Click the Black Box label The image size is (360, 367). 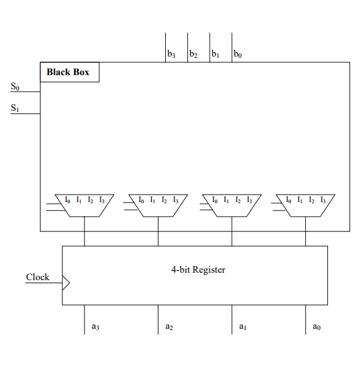[x=68, y=72]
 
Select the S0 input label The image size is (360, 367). [x=15, y=87]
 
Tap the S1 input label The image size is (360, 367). [x=15, y=108]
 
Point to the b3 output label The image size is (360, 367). [x=171, y=55]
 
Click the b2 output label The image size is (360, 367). [x=194, y=55]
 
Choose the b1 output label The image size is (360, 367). [x=216, y=55]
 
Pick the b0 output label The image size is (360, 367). [x=238, y=55]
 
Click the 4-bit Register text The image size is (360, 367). [x=198, y=270]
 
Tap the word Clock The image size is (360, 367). [x=38, y=277]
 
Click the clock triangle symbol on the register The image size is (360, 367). [x=66, y=283]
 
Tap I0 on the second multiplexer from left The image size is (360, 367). [x=141, y=200]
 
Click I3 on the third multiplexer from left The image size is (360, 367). [x=249, y=200]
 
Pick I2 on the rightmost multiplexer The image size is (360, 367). [x=311, y=200]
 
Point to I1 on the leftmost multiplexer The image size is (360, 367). [x=79, y=200]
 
